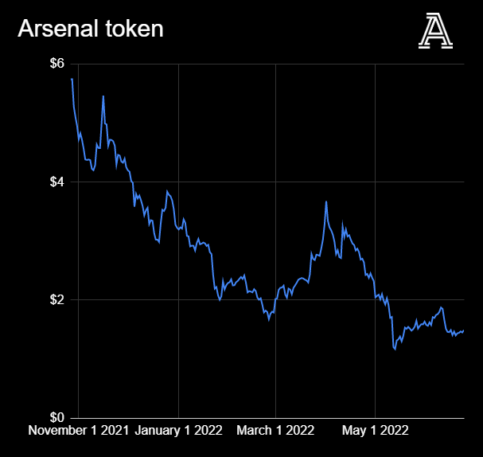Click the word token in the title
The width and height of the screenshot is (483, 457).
tap(138, 29)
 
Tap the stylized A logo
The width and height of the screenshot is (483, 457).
tap(435, 32)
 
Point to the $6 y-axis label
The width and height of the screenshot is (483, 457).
tap(58, 64)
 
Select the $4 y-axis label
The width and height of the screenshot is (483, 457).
tap(58, 182)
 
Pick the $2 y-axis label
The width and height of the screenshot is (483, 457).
tap(58, 299)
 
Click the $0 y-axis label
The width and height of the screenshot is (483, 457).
tap(58, 417)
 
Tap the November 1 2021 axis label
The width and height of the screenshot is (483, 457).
tap(78, 431)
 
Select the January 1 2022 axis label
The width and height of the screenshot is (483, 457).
tap(178, 431)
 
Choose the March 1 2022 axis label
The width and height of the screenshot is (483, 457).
tap(275, 431)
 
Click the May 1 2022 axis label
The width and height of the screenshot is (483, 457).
tap(375, 431)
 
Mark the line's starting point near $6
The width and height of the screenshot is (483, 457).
tap(72, 79)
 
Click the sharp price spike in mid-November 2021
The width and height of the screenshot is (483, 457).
tap(103, 96)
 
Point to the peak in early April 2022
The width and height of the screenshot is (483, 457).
tap(326, 202)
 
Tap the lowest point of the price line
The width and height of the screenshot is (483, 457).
tap(395, 349)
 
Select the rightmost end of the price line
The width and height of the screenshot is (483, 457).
tap(463, 330)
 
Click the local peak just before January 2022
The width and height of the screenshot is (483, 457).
tap(167, 192)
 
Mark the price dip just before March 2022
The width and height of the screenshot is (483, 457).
tap(269, 320)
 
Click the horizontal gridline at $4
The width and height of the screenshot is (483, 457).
tap(239, 182)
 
